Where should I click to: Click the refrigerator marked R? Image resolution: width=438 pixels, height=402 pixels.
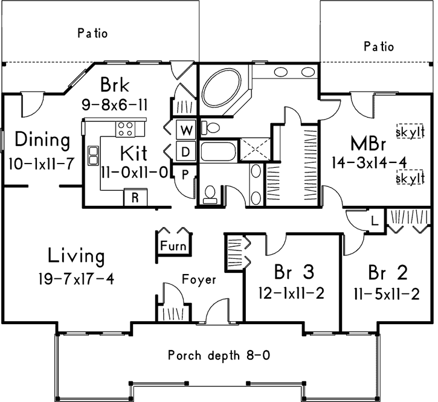tap(135, 197)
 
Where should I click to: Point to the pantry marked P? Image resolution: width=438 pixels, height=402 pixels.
tap(184, 173)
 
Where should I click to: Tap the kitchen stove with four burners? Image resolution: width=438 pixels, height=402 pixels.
tap(127, 128)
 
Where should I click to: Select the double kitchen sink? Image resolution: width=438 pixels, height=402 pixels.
tap(94, 155)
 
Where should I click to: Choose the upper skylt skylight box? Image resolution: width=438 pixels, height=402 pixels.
tap(408, 132)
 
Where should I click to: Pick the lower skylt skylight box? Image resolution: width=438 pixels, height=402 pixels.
tap(408, 179)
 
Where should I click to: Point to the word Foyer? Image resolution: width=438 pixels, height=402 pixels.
tap(199, 279)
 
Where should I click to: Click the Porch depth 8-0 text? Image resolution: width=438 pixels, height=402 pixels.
tap(218, 355)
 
